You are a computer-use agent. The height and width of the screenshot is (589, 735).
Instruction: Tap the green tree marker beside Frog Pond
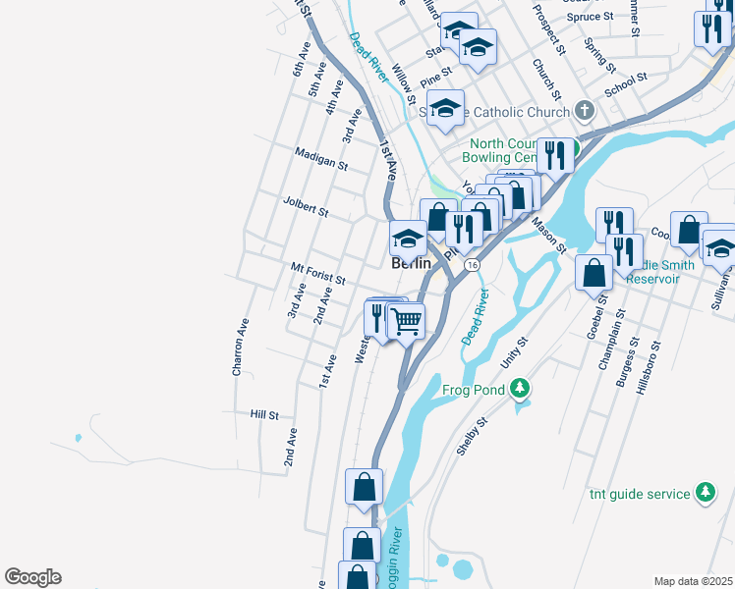(521, 390)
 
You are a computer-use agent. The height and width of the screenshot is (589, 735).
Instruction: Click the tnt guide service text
(640, 494)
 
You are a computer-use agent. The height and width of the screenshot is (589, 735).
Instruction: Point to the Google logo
(32, 577)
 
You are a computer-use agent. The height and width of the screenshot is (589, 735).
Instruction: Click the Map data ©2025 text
(693, 581)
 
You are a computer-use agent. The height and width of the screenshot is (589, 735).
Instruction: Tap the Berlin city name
(411, 264)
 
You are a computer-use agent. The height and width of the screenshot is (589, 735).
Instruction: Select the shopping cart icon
(406, 319)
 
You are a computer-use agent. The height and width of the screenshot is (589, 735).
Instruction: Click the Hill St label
(265, 415)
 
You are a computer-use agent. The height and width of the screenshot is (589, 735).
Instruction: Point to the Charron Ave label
(239, 347)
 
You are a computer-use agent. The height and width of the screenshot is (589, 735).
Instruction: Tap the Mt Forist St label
(317, 273)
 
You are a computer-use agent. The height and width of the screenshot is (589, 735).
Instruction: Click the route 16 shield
(473, 265)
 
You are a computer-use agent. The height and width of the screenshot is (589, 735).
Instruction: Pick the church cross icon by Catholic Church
(584, 111)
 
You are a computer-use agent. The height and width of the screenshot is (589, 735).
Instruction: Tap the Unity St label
(514, 353)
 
